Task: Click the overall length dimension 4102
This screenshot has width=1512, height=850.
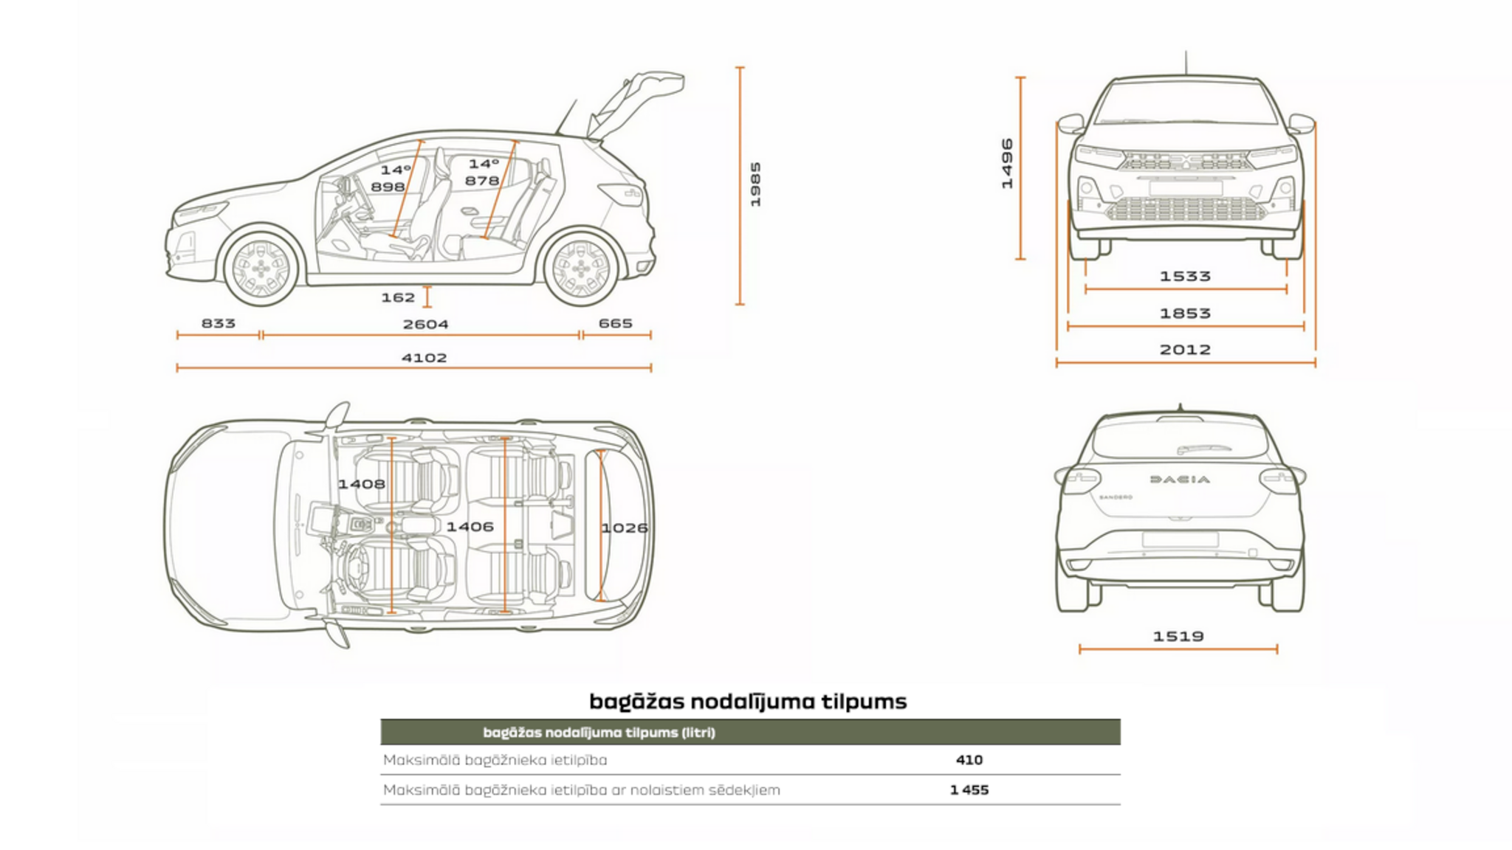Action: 424,358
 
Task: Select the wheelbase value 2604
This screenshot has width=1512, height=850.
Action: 425,324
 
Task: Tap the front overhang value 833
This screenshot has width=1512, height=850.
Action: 219,323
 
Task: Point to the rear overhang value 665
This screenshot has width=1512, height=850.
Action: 615,323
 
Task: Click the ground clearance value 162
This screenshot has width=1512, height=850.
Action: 398,297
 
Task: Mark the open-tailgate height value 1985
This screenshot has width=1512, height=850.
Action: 755,184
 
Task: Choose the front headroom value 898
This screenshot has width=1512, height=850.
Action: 388,187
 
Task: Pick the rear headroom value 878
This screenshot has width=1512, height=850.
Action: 482,181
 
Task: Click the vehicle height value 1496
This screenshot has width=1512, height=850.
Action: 1007,164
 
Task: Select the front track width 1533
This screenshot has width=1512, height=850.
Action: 1185,277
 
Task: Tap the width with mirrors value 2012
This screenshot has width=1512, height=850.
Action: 1185,350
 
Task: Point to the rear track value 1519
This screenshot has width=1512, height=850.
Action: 1178,636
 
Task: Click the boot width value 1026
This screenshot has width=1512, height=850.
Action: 625,528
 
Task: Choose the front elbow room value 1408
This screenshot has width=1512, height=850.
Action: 361,484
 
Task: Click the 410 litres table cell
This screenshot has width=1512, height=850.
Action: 969,760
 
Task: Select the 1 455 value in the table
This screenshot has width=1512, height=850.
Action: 969,790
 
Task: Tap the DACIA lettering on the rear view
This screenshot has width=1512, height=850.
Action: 1180,480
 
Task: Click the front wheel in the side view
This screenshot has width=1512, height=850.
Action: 260,269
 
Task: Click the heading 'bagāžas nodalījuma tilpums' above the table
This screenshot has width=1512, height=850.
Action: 748,701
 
